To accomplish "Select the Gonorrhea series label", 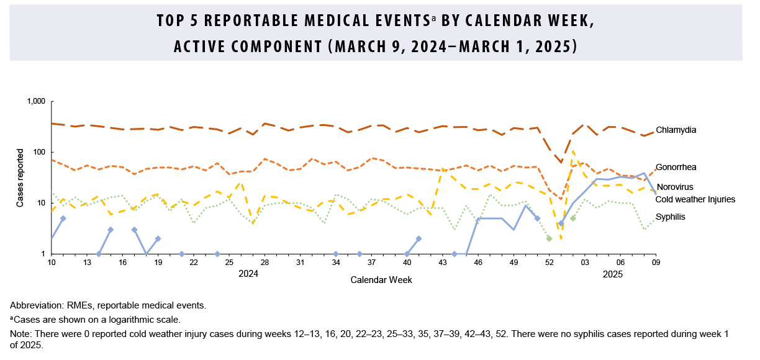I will pos(676,168).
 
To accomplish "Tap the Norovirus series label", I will pos(675,187).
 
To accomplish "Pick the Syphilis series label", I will pos(670,217).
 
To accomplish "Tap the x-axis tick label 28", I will pos(265,263).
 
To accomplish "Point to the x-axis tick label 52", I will pos(549,263).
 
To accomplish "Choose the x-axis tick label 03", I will pos(585,263).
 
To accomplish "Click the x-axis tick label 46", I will pos(478,263).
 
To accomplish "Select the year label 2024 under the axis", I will pos(248,273).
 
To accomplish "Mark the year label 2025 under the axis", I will pos(612,273).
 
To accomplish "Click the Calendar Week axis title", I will pos(381,281).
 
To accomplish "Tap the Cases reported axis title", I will pos(20,178).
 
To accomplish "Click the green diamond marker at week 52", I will pos(549,238).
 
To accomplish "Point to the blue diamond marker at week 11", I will pos(63,218).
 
